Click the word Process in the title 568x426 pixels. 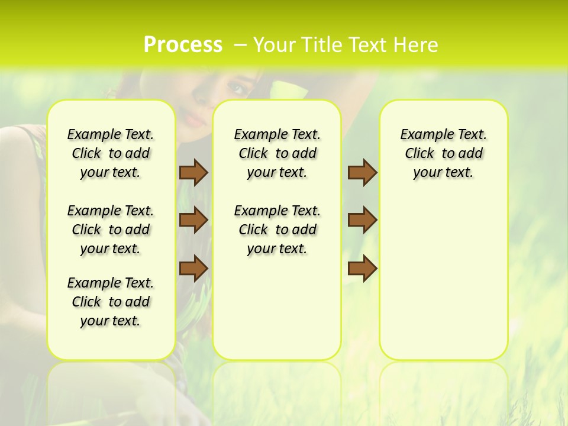pos(183,45)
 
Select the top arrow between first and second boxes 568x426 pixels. pos(193,172)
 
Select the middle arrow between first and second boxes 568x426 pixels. pos(193,220)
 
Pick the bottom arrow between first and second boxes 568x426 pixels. pos(193,268)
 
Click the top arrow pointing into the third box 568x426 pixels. pos(362,172)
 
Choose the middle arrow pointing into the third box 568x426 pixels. pos(362,220)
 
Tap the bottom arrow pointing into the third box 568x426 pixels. pos(362,268)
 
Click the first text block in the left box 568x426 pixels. pos(111,153)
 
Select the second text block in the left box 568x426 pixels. pos(111,230)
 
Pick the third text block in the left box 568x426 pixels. pos(111,302)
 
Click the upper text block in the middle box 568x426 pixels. pos(277,153)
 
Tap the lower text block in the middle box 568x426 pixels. pos(277,230)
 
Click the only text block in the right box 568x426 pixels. pos(443,153)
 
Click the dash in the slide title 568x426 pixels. pos(240,46)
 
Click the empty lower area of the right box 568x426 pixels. pos(443,284)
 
